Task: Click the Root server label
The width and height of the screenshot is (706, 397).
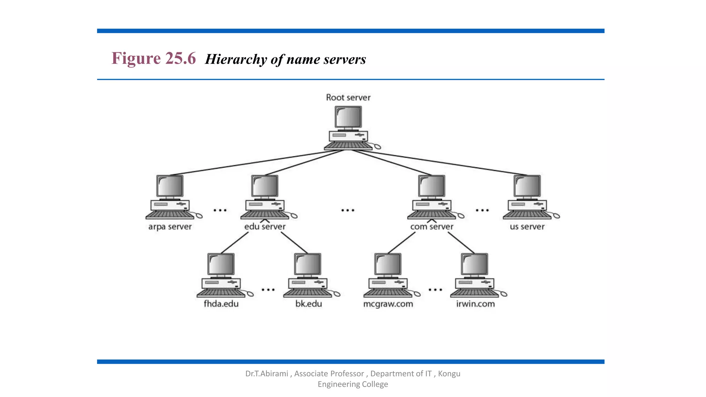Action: (x=348, y=98)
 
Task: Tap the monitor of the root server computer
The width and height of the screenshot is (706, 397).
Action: (x=348, y=117)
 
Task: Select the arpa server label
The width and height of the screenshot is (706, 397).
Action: (x=170, y=227)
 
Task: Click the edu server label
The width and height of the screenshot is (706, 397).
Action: (x=265, y=227)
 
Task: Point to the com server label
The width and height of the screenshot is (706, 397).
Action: (x=432, y=227)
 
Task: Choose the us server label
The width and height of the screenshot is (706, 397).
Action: (x=527, y=227)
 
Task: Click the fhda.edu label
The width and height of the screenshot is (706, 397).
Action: (x=221, y=304)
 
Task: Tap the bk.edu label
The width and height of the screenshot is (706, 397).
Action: (x=309, y=304)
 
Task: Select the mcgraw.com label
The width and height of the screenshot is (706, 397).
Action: (x=388, y=304)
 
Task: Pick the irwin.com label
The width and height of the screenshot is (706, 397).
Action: (x=475, y=304)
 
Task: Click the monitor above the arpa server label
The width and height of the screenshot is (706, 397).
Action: (x=170, y=186)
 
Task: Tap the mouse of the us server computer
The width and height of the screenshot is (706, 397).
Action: (x=556, y=216)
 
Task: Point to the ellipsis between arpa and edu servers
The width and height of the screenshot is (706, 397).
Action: (x=220, y=210)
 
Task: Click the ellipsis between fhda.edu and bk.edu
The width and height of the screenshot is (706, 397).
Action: (x=268, y=290)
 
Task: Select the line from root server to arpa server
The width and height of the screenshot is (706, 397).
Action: (x=255, y=163)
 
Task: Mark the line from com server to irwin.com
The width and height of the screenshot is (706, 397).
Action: (x=461, y=243)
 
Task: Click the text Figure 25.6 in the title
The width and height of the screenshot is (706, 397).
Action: (x=154, y=58)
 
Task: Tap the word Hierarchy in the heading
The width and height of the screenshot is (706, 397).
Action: (x=236, y=59)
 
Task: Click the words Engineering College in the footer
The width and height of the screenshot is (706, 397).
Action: (x=353, y=384)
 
